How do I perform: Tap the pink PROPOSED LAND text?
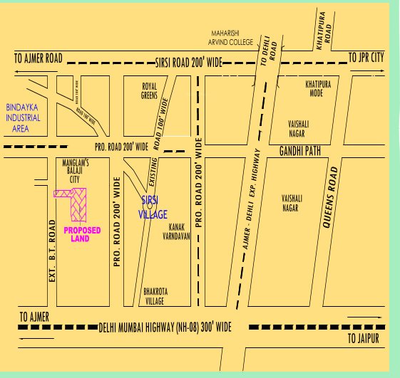(82, 235)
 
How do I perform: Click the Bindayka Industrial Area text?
(23, 118)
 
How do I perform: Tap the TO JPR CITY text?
(366, 56)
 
